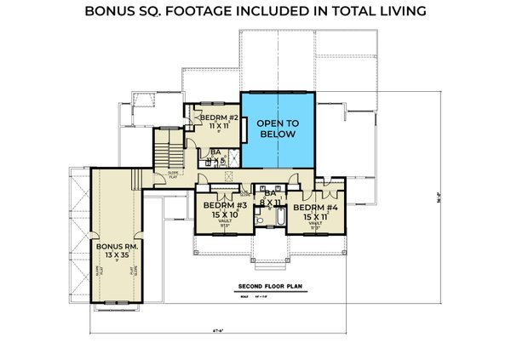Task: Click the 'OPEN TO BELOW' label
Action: [279, 129]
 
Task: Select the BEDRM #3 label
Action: [221, 206]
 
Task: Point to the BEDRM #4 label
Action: [315, 206]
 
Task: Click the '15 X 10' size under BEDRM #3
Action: [221, 216]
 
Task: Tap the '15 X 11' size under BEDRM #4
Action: [315, 216]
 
